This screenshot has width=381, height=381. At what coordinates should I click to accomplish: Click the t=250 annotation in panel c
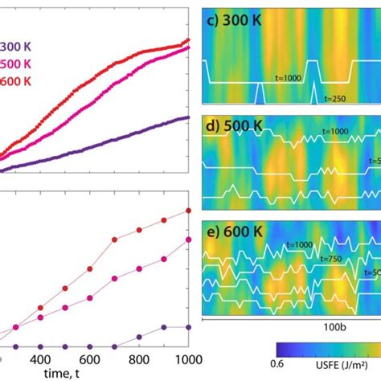pyautogui.click(x=338, y=98)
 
